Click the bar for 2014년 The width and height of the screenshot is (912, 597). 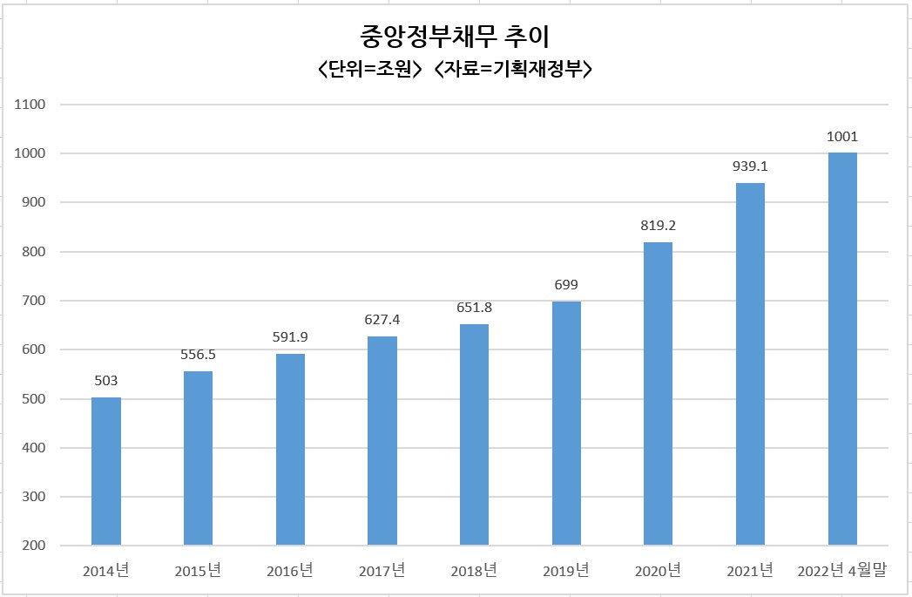click(106, 471)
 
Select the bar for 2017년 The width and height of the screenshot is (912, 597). click(382, 440)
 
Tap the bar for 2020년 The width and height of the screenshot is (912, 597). click(658, 394)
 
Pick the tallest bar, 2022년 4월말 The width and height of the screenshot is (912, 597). click(842, 349)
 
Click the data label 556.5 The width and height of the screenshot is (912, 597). click(198, 355)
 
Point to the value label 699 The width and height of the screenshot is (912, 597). click(566, 284)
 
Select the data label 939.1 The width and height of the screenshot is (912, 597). click(750, 166)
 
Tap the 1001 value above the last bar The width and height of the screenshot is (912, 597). click(842, 136)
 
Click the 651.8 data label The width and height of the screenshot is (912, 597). click(474, 308)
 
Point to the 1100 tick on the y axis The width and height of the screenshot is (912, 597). click(30, 105)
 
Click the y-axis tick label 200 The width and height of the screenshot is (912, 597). click(34, 546)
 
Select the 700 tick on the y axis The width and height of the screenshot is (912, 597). click(34, 301)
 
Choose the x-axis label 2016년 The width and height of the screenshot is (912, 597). click(290, 571)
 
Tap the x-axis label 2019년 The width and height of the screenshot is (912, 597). click(566, 571)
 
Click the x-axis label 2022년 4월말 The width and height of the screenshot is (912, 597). click(841, 571)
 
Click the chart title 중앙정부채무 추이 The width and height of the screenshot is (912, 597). click(455, 37)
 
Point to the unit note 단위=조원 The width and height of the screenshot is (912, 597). click(369, 69)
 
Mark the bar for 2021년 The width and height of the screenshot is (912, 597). click(750, 364)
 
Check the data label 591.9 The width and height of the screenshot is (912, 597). click(290, 337)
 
